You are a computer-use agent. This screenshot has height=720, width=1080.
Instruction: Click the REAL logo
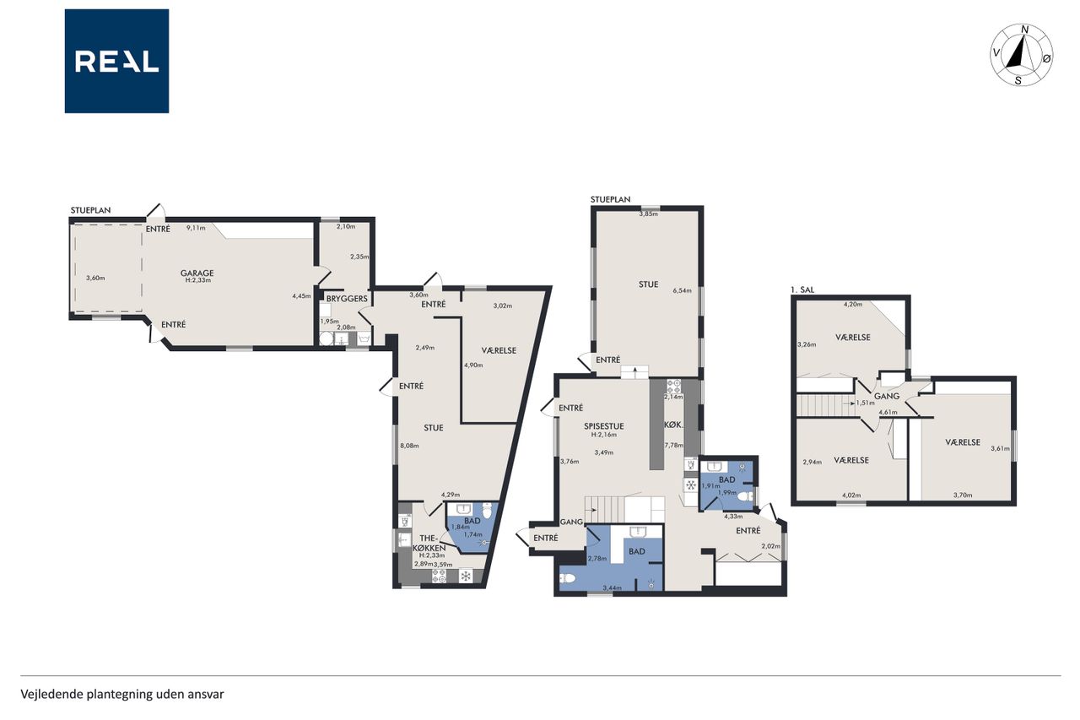click(x=116, y=62)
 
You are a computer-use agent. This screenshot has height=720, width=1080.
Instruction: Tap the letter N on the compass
click(x=1025, y=30)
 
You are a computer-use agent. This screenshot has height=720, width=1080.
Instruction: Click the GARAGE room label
click(x=197, y=273)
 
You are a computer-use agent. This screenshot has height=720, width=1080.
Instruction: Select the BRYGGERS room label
click(x=347, y=299)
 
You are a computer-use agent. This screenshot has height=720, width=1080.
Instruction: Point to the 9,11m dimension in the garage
click(x=196, y=228)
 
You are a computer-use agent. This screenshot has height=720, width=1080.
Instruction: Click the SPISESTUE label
click(x=603, y=426)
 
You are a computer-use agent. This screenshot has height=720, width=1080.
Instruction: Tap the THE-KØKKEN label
click(x=429, y=543)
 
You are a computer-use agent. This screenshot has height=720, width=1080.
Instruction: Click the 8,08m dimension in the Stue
click(x=409, y=446)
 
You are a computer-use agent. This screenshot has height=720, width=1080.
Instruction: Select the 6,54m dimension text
click(x=683, y=290)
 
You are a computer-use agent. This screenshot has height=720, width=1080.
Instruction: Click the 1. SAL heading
click(x=802, y=290)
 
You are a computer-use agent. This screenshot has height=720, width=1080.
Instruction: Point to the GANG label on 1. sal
click(x=887, y=396)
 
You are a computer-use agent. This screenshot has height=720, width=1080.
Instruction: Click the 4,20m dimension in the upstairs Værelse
click(x=853, y=305)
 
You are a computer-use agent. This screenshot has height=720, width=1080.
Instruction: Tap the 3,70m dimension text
click(x=963, y=495)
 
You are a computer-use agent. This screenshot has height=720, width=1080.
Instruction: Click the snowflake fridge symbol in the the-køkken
click(x=465, y=576)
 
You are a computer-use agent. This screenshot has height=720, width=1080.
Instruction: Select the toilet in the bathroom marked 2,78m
click(x=568, y=578)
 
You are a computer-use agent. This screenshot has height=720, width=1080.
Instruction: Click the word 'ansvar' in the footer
click(x=208, y=695)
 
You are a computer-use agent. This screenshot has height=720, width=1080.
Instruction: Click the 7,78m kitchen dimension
click(x=673, y=445)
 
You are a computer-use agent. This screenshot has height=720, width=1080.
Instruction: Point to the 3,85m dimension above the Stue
click(x=649, y=214)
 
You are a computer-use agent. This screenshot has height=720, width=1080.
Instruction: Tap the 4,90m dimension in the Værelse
click(x=473, y=365)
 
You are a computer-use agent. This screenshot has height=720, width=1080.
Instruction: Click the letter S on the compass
click(x=1018, y=80)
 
